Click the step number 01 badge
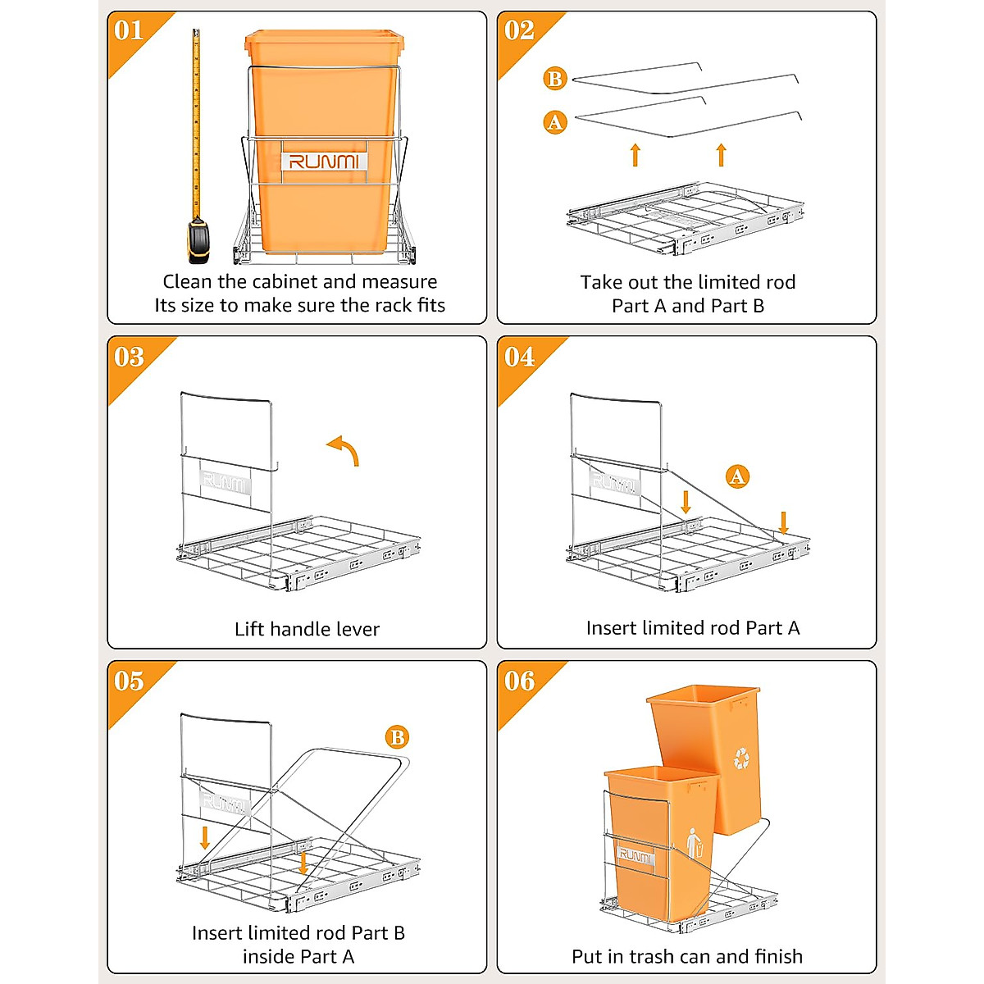pos(130,31)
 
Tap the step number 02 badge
pos(519,31)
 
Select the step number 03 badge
pos(130,357)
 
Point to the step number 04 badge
pos(519,357)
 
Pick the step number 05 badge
pos(130,681)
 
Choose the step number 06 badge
pos(519,681)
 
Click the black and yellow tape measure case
pos(198,241)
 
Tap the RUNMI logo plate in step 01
pos(324,161)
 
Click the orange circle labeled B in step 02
pos(555,79)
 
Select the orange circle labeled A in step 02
pos(555,123)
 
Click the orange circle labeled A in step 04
pos(737,476)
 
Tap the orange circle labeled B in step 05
pos(397,737)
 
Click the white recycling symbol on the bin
pos(741,758)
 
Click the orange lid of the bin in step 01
pos(324,38)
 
